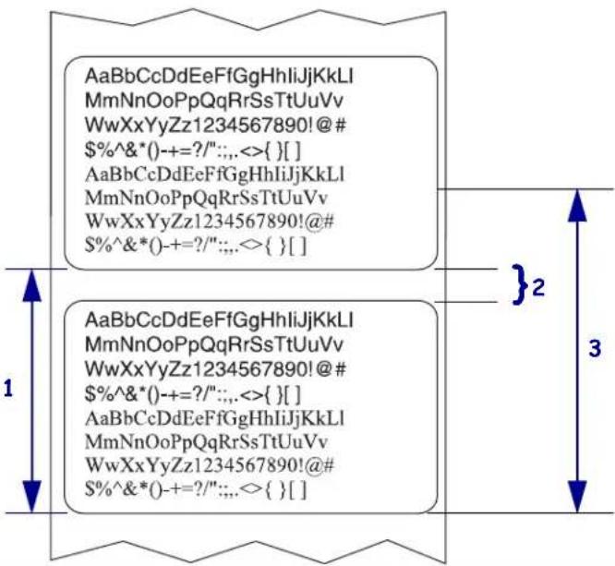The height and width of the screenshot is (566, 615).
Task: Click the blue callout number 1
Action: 8,389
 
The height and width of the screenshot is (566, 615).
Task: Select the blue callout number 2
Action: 538,287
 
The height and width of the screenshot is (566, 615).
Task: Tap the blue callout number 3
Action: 595,348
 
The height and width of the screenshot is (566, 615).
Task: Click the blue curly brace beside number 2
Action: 520,284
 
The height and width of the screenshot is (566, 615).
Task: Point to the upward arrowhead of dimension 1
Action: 31,285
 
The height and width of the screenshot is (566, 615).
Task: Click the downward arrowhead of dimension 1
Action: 31,497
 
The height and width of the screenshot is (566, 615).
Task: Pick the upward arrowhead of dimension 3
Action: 577,205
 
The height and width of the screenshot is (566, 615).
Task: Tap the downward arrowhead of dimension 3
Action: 577,497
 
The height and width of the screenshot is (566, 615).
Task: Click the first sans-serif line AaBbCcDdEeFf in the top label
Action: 219,76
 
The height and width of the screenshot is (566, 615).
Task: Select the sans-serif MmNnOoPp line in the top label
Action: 214,101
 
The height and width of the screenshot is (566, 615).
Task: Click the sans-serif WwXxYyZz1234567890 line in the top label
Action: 216,126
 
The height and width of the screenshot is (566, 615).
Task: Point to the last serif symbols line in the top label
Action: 196,246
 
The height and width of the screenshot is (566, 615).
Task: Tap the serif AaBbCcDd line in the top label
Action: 214,175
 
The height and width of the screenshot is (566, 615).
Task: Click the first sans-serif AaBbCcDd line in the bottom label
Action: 219,320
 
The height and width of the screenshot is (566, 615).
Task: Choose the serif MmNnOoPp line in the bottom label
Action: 206,442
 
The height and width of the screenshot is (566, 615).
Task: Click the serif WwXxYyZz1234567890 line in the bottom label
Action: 210,466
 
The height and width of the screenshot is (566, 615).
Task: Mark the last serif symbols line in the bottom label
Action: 196,490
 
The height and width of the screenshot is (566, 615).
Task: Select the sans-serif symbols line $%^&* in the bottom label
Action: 193,394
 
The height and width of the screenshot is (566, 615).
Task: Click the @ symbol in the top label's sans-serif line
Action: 324,126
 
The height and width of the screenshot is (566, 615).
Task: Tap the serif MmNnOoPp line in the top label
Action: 206,199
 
